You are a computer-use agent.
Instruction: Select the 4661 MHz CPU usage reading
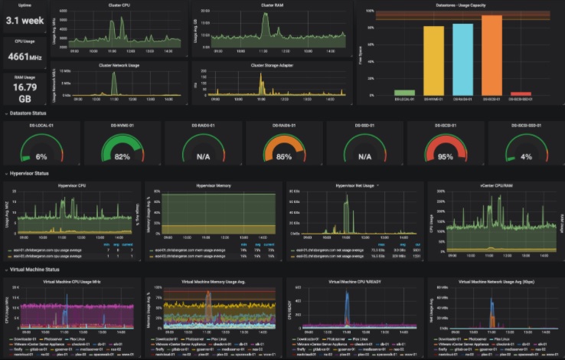tap(24, 57)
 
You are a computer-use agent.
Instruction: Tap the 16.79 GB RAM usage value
tap(24, 91)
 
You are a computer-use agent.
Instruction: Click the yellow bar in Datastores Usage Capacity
tap(433, 61)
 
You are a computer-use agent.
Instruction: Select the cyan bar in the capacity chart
tap(462, 59)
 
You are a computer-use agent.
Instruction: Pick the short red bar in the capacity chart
tap(521, 93)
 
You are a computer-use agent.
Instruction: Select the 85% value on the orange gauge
tap(282, 156)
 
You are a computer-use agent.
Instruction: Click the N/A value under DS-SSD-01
tap(364, 156)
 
